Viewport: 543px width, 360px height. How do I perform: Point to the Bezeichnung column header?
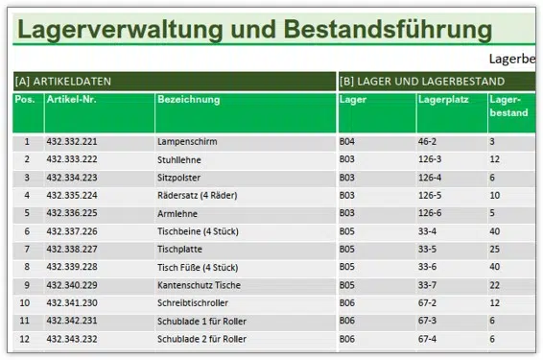click(188, 99)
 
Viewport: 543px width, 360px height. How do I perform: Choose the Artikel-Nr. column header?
click(74, 99)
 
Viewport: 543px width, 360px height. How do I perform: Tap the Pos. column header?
click(25, 99)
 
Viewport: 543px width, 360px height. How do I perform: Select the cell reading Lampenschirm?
click(186, 141)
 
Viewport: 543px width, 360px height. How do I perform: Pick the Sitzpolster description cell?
click(179, 178)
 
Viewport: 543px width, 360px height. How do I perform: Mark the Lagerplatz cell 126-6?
click(430, 213)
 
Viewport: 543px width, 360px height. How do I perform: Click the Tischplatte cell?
click(180, 249)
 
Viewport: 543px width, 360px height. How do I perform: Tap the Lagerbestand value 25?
click(495, 249)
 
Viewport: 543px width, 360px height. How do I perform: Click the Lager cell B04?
click(348, 141)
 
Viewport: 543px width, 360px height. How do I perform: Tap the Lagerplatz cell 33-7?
click(428, 285)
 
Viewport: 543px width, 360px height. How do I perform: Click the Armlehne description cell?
click(177, 213)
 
